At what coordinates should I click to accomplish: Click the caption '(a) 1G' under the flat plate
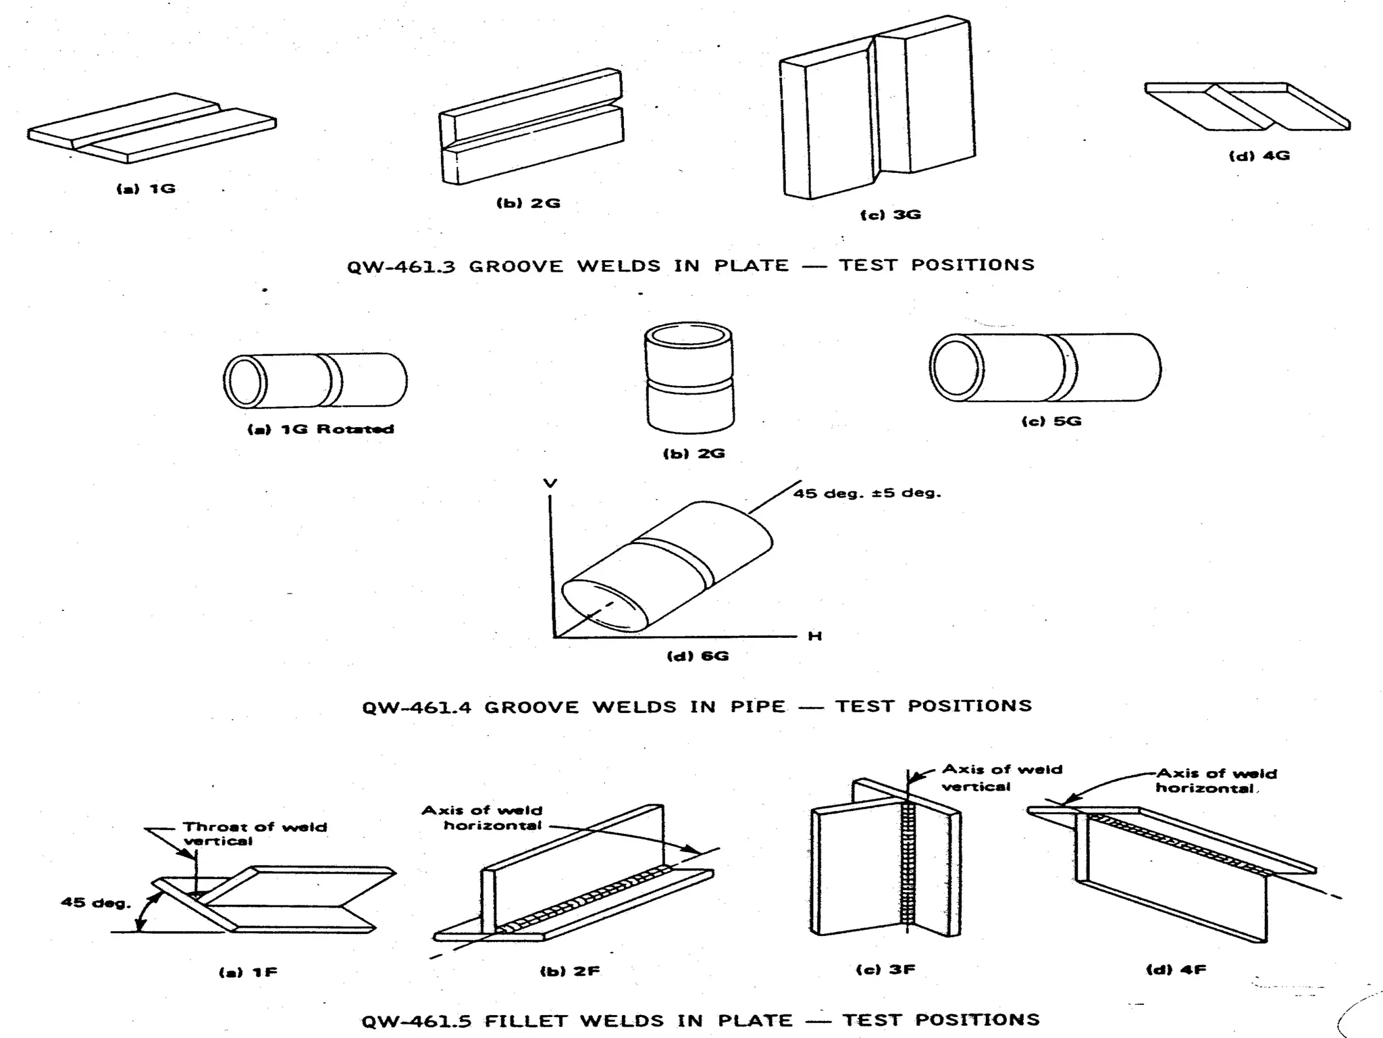(146, 189)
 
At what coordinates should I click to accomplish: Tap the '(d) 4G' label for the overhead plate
(1259, 155)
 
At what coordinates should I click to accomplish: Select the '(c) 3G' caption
(890, 215)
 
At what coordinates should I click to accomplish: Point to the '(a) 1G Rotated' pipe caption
(321, 429)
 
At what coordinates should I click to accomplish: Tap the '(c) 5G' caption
(1051, 421)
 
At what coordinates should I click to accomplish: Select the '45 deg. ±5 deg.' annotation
(867, 493)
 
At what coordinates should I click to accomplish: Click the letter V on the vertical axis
(550, 483)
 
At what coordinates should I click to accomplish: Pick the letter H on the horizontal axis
(814, 636)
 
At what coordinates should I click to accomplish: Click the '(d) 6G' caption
(698, 656)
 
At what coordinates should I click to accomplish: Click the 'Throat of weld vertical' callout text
(254, 834)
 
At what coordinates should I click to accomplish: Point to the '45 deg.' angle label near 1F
(95, 903)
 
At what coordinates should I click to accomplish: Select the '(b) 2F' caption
(569, 971)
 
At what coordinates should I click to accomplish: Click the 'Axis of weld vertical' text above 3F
(1001, 778)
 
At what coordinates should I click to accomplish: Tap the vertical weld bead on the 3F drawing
(908, 865)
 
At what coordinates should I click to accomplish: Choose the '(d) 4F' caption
(1176, 970)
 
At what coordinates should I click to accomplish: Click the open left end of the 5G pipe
(956, 367)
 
